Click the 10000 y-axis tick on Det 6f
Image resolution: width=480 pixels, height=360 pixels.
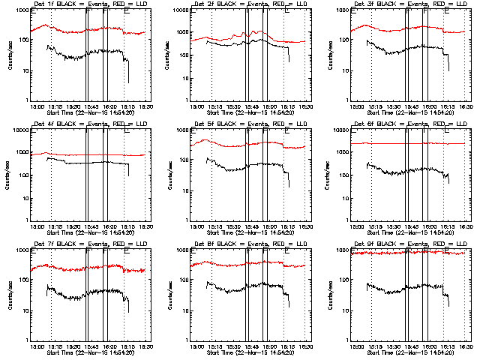(x=340, y=130)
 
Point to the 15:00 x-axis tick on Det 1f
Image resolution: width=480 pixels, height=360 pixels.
(x=33, y=106)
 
